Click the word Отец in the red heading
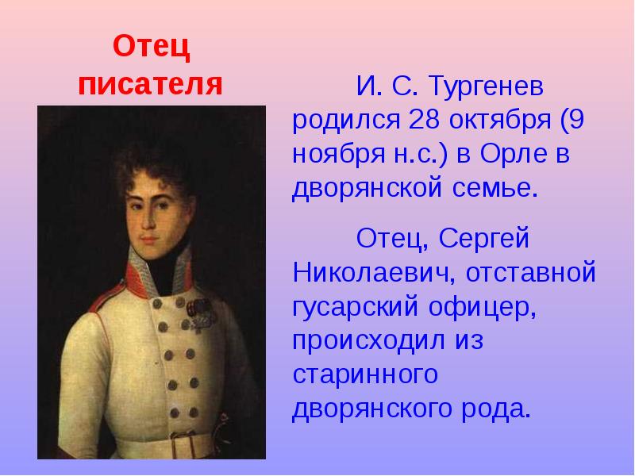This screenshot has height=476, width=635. tap(150, 48)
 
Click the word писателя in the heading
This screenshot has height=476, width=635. tap(150, 84)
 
